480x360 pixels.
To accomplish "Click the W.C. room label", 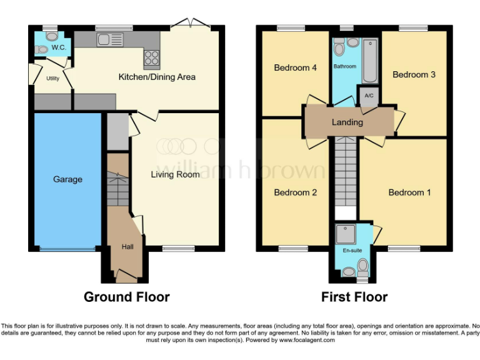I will point(59,47).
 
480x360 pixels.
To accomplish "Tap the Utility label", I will point(53,78).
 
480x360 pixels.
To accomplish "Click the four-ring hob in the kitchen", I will point(152,57).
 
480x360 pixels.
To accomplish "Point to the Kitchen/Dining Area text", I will point(157,77).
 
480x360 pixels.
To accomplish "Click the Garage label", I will point(67,179).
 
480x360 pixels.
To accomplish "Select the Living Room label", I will point(175,174).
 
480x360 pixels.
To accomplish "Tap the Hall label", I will point(127,247).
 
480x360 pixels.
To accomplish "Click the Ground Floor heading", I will point(126,297).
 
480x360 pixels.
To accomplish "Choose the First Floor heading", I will point(354,297).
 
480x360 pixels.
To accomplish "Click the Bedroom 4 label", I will point(295,67).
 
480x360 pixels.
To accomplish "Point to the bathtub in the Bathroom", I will point(370,61).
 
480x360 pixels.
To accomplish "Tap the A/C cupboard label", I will point(369,96).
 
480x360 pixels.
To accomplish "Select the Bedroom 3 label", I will point(414,74).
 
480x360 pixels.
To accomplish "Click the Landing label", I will point(347,122).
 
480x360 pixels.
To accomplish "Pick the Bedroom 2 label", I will point(296,192).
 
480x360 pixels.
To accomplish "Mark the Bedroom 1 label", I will point(409,192).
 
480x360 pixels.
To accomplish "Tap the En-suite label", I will point(352,251).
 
